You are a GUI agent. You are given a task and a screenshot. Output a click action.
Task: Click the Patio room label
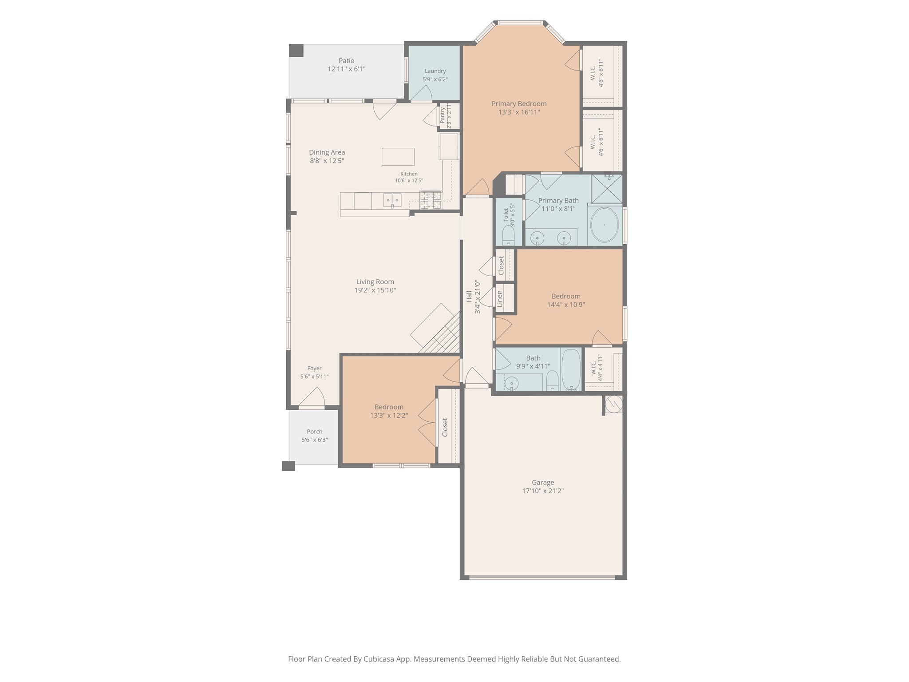pyautogui.click(x=347, y=61)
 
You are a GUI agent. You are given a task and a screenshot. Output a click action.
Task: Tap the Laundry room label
pyautogui.click(x=435, y=71)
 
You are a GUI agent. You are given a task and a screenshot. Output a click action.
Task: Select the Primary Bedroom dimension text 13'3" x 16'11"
pyautogui.click(x=519, y=112)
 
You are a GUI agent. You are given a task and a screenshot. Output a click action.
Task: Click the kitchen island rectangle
pyautogui.click(x=398, y=157)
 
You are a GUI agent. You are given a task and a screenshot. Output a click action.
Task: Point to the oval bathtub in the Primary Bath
pyautogui.click(x=605, y=225)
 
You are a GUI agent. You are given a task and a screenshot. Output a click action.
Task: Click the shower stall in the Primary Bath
pyautogui.click(x=607, y=189)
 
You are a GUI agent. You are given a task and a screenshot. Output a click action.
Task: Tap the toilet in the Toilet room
pyautogui.click(x=508, y=236)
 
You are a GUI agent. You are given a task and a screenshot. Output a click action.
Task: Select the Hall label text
pyautogui.click(x=469, y=297)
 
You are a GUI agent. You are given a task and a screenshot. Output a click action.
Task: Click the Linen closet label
pyautogui.click(x=500, y=298)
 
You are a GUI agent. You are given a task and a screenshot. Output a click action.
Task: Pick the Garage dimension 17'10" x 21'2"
pyautogui.click(x=543, y=491)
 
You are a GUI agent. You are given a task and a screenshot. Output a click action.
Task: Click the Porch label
pyautogui.click(x=315, y=432)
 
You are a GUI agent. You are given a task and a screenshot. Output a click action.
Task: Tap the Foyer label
pyautogui.click(x=314, y=369)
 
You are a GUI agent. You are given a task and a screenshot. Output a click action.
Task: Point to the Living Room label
pyautogui.click(x=375, y=282)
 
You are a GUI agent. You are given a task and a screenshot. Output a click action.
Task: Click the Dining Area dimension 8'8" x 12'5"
pyautogui.click(x=327, y=161)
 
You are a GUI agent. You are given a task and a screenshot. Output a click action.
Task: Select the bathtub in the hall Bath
pyautogui.click(x=571, y=369)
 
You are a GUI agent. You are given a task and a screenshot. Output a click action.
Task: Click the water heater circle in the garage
pyautogui.click(x=613, y=404)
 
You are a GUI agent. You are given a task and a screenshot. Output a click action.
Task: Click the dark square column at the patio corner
pyautogui.click(x=296, y=50)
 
